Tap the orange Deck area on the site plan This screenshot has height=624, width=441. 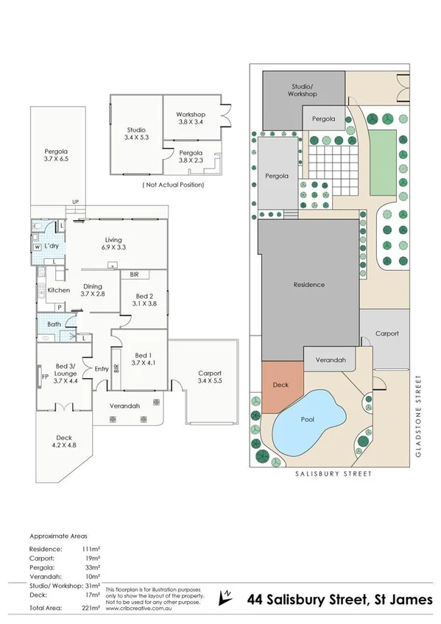click(281, 386)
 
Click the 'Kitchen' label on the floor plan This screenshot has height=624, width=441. click(58, 290)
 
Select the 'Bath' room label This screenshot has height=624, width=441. click(54, 324)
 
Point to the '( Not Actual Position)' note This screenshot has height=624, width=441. click(173, 185)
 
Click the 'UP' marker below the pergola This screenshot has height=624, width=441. click(75, 202)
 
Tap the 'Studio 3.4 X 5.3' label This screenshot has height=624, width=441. click(136, 134)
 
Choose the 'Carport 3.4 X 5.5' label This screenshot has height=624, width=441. click(210, 378)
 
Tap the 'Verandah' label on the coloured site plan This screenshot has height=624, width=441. click(329, 361)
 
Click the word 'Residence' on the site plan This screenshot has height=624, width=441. click(308, 284)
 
